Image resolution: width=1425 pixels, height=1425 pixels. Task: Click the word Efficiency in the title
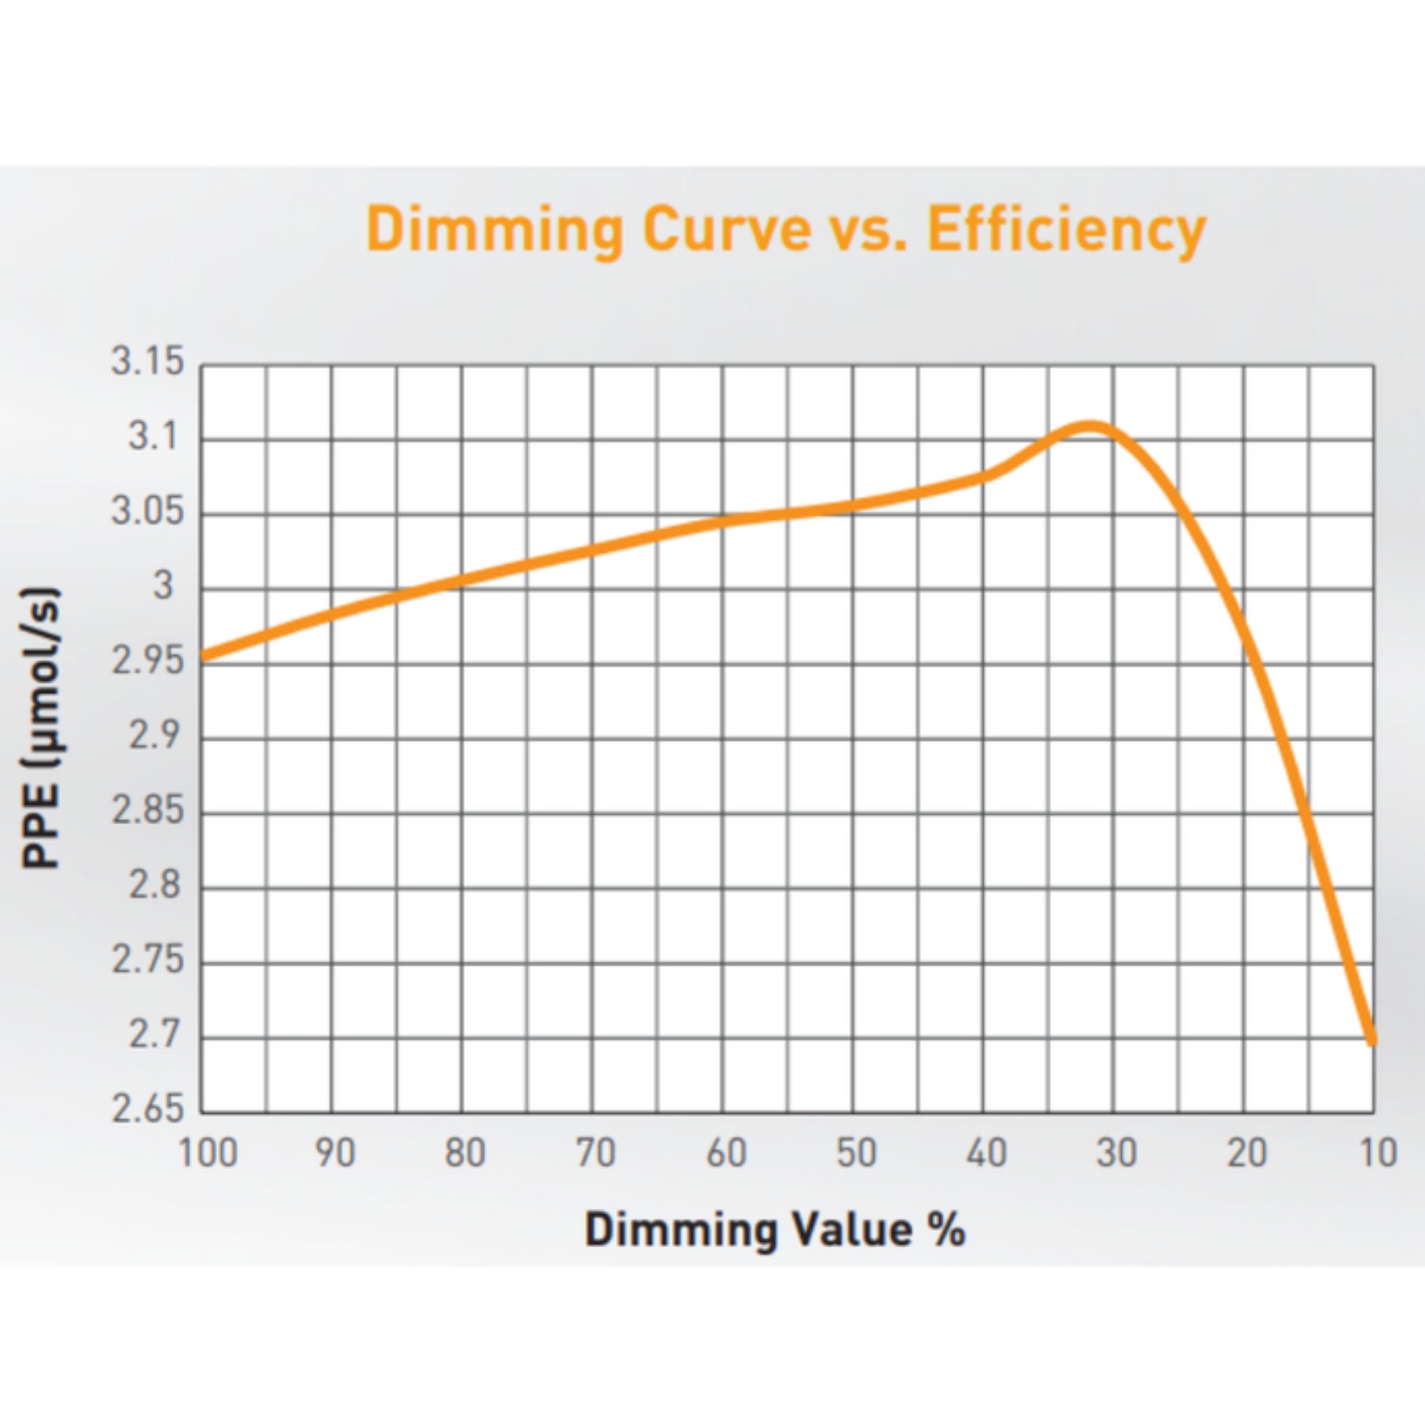click(x=1065, y=230)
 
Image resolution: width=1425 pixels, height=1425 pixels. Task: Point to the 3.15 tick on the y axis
click(x=146, y=362)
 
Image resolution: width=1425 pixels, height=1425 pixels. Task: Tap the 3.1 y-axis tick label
click(x=155, y=437)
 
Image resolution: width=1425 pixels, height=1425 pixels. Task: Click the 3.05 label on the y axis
click(x=146, y=512)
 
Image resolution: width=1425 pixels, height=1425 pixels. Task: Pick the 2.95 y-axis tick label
click(x=146, y=662)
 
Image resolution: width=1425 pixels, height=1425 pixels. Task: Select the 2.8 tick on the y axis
click(x=155, y=886)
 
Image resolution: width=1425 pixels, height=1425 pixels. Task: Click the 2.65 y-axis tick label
click(x=146, y=1110)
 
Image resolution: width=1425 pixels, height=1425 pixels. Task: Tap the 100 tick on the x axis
click(x=208, y=1153)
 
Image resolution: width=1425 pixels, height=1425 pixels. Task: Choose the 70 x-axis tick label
click(x=595, y=1153)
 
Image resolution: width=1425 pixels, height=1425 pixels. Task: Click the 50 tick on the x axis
click(x=855, y=1153)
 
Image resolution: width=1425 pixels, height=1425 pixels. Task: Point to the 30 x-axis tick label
click(x=1116, y=1153)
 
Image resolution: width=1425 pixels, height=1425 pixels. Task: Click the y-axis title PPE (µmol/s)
click(x=40, y=729)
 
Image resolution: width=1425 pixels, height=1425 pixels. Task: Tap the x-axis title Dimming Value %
click(x=775, y=1230)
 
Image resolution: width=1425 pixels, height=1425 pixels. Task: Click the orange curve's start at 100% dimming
click(x=204, y=655)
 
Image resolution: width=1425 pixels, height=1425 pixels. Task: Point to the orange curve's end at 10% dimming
click(x=1372, y=1041)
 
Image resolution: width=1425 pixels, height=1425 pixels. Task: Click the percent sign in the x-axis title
click(x=945, y=1230)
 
